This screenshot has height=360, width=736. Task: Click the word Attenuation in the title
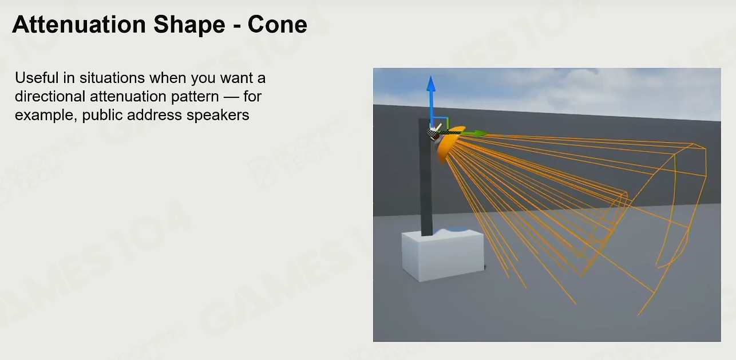click(79, 24)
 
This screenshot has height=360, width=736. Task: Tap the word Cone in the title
click(278, 25)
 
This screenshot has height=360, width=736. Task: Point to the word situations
click(112, 78)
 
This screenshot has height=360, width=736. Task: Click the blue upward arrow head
click(431, 84)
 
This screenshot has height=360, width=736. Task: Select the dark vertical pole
click(426, 177)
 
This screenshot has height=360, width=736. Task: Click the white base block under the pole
click(443, 255)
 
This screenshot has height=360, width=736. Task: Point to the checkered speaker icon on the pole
click(433, 134)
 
